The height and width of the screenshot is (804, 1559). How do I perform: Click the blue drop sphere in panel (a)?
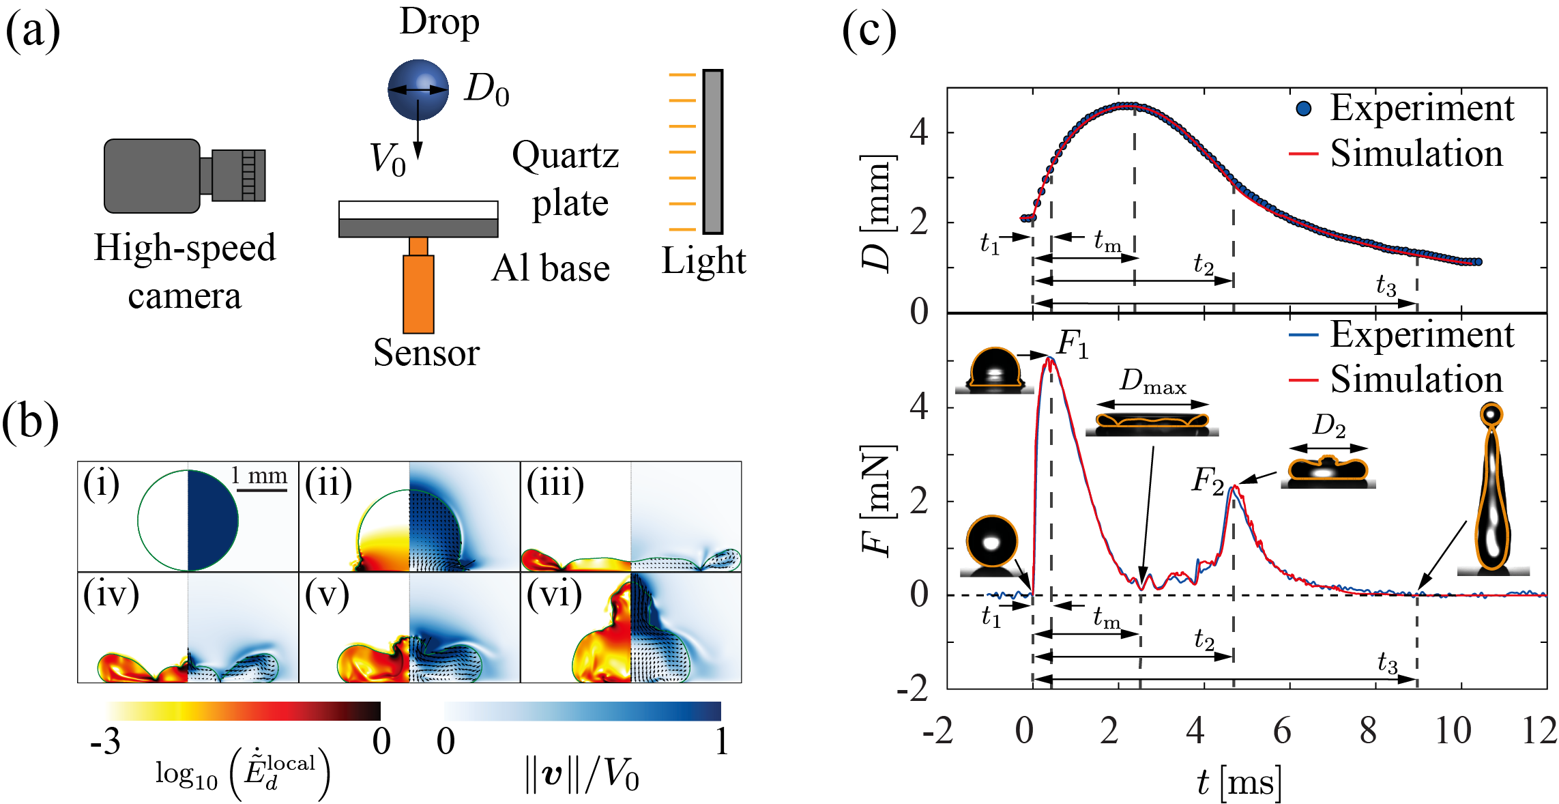[x=418, y=89]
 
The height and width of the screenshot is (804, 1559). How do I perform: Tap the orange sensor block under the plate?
[x=418, y=293]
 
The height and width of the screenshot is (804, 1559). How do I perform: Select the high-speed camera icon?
[x=183, y=175]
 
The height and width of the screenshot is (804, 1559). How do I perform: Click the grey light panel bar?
[x=712, y=152]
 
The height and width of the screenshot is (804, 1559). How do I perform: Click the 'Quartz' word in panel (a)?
[x=565, y=156]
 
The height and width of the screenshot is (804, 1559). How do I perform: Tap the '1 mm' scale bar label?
[x=259, y=475]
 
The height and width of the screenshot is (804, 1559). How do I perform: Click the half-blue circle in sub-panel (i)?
[x=188, y=520]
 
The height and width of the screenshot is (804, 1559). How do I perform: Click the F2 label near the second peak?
[x=1207, y=481]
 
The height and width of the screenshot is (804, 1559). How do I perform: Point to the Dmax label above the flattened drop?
[x=1152, y=382]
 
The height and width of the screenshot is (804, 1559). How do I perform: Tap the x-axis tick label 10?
[x=1453, y=731]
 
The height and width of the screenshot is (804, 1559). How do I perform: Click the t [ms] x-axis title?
[x=1239, y=781]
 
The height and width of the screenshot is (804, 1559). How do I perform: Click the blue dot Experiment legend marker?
[x=1303, y=109]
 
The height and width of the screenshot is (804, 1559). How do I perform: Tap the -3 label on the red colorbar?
[x=105, y=741]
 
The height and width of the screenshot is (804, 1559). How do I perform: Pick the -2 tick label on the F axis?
[x=913, y=689]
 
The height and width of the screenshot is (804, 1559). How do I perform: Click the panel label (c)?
[x=869, y=31]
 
